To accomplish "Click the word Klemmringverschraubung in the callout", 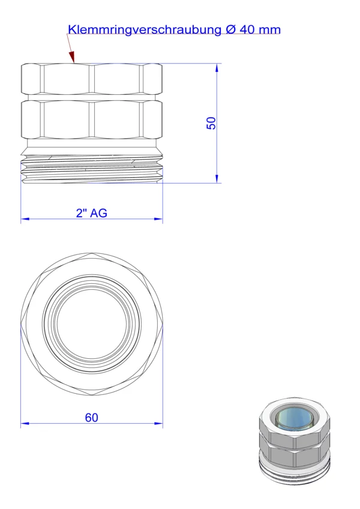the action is click(x=145, y=30).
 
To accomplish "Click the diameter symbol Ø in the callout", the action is click(x=230, y=29).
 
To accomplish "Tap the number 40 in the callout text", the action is click(x=247, y=29).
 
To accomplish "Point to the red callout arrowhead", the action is click(x=72, y=56).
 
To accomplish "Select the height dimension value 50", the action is click(x=211, y=124).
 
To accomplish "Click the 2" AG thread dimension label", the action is click(x=92, y=213).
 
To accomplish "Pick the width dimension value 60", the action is click(x=92, y=417).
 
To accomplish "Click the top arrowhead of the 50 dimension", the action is click(x=217, y=68).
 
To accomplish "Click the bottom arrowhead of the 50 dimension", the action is click(x=217, y=178).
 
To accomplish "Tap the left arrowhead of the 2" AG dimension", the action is click(x=25, y=219).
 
